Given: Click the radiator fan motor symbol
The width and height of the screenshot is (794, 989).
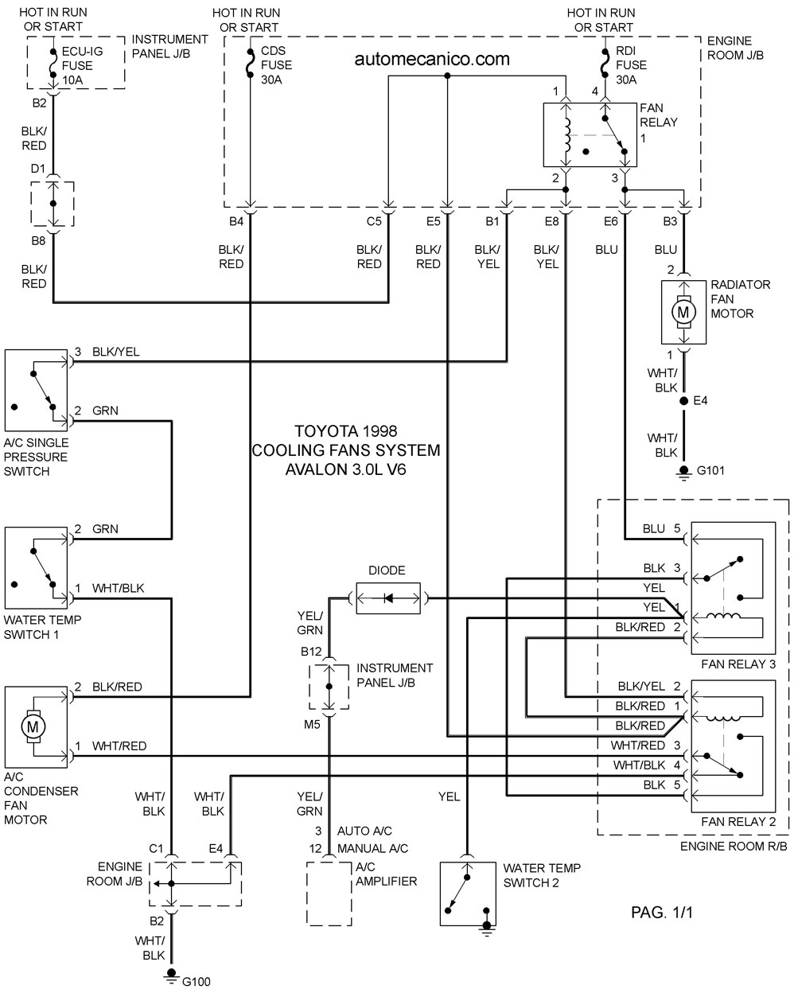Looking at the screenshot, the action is (683, 312).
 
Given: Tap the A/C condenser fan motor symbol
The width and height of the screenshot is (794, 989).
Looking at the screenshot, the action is (33, 726).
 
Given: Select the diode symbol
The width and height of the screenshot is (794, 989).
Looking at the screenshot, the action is (388, 598).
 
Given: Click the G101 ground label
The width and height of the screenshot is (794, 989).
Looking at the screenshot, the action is (710, 470).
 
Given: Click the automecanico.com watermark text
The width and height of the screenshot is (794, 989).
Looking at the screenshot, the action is (432, 59).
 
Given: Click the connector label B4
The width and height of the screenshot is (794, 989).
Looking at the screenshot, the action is (236, 221).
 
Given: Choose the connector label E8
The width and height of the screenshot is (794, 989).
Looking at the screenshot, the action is (551, 221).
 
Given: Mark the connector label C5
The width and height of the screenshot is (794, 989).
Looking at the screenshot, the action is (374, 221).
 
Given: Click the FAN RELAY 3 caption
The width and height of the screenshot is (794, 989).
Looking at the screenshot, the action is (738, 664).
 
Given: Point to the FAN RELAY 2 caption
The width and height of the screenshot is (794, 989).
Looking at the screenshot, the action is (738, 821).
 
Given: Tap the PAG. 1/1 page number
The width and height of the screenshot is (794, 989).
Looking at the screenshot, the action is (662, 913).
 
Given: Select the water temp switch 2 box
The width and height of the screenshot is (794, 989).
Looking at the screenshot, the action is (468, 894).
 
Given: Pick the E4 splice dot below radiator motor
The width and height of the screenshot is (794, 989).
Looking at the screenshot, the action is (683, 401).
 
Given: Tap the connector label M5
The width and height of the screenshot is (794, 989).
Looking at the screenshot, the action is (312, 724).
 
